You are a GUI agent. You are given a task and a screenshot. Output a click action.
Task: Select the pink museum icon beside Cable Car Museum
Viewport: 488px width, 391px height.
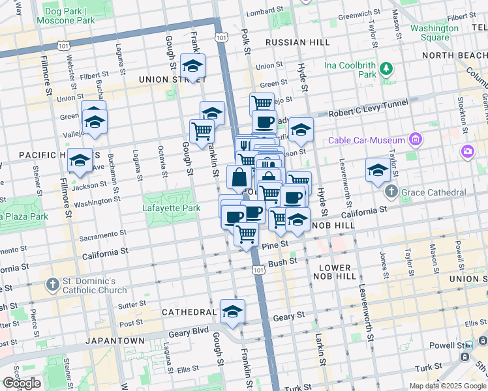point(414,139)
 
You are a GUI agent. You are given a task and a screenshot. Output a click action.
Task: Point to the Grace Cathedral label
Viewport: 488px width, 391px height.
point(434,192)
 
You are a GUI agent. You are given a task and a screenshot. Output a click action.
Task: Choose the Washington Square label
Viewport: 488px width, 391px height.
point(435,33)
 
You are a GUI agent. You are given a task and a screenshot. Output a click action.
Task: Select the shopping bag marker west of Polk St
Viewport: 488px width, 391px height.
point(239,177)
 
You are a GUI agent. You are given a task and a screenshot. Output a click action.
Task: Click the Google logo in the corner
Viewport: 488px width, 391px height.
point(22,383)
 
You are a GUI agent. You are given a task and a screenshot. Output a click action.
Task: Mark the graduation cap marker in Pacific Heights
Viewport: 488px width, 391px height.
point(80,160)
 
